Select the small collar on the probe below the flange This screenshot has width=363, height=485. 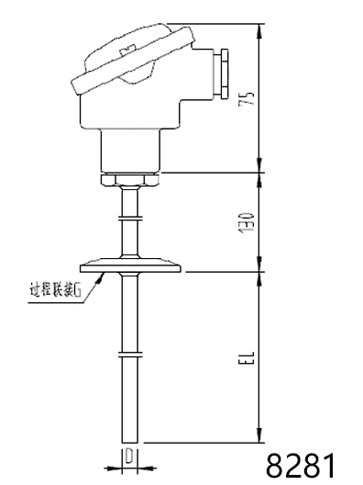coord(130,353)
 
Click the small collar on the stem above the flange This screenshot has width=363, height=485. coord(130,218)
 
